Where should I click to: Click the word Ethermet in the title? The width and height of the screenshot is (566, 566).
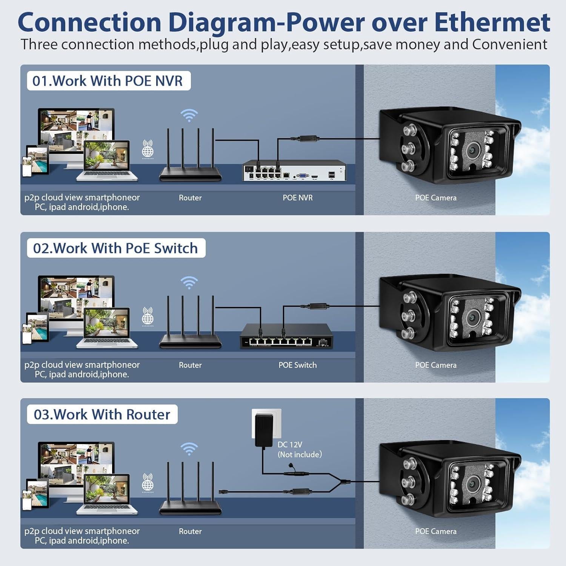click(x=492, y=22)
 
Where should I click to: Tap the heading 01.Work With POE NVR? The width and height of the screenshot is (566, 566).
click(x=108, y=81)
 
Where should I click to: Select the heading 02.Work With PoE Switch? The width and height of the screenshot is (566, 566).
click(x=115, y=248)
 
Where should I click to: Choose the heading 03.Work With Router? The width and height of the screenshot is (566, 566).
click(x=102, y=414)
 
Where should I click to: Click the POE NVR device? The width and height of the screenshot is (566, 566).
click(x=294, y=171)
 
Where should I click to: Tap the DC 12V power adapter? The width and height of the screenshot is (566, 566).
click(x=263, y=430)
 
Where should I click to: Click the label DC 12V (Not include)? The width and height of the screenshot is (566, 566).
click(x=300, y=449)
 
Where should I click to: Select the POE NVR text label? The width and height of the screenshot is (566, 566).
click(x=298, y=198)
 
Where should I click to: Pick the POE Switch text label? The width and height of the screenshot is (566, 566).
click(x=297, y=365)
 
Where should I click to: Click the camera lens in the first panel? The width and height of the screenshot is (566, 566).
click(x=472, y=151)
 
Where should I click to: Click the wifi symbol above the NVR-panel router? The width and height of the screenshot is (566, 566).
click(x=189, y=115)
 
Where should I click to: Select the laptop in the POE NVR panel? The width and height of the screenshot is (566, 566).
click(x=107, y=161)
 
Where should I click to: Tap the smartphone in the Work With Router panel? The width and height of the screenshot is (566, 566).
click(x=27, y=500)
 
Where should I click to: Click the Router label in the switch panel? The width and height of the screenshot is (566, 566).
click(x=190, y=365)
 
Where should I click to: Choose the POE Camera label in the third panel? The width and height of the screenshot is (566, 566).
click(x=436, y=531)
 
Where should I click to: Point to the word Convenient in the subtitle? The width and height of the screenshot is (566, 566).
click(x=509, y=45)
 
